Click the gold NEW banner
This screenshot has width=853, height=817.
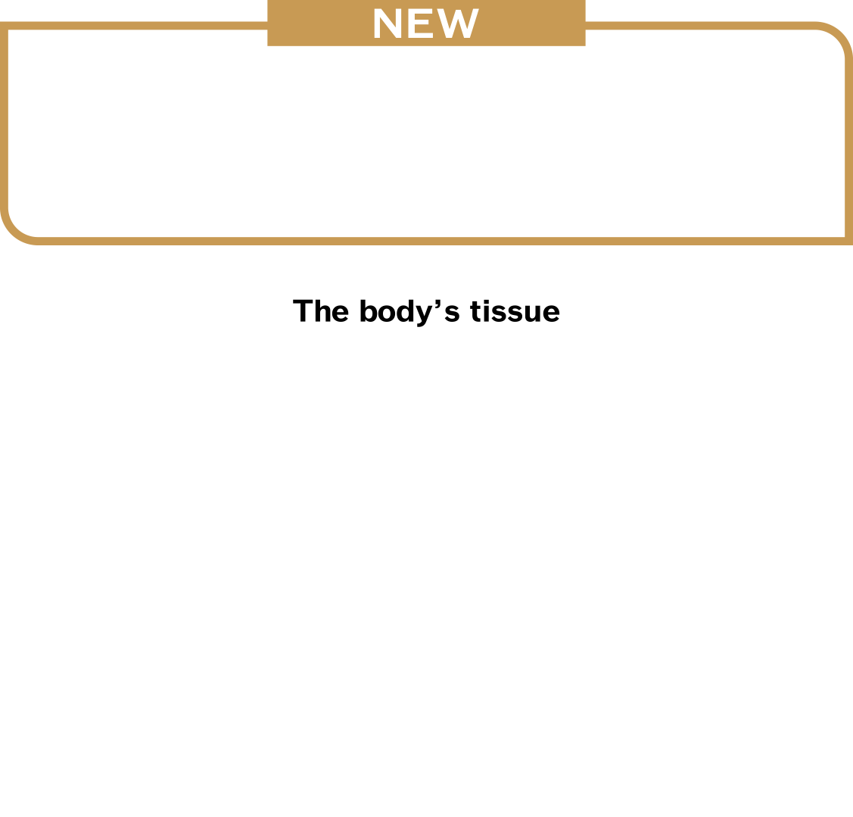(x=426, y=23)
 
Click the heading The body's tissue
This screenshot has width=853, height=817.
(x=426, y=311)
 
